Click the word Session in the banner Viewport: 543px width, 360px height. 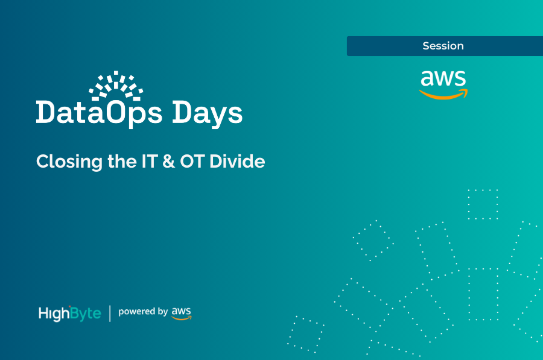pos(443,46)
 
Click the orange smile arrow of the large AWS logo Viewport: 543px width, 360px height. pos(443,95)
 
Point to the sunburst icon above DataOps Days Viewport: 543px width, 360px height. pos(116,86)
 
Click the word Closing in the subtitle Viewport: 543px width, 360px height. pos(62,162)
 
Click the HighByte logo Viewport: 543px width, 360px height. pos(69,313)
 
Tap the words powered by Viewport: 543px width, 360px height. pos(143,312)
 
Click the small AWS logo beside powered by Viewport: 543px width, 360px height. pos(182,312)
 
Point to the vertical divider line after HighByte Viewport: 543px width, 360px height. pos(110,313)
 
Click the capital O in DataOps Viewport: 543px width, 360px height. pos(119,113)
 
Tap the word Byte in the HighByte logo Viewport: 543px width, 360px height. pos(86,314)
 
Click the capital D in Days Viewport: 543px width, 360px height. pos(185,113)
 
